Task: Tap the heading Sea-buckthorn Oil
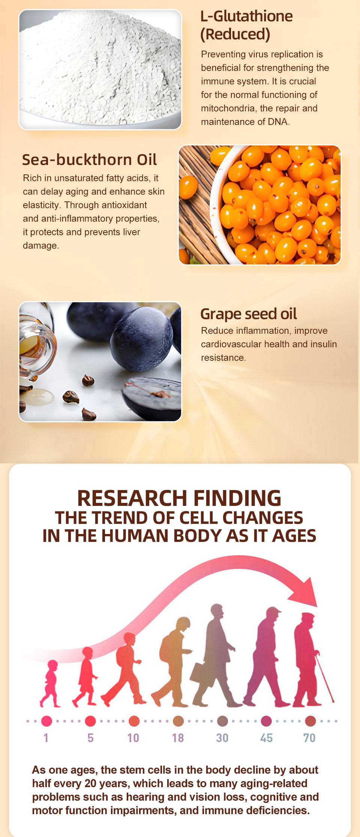tap(89, 160)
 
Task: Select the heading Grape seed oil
tap(249, 314)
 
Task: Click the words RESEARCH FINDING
tap(179, 498)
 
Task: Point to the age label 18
tap(178, 738)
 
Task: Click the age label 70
tap(309, 738)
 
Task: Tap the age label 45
tap(266, 738)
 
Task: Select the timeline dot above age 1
tap(46, 721)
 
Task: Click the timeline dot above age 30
tap(222, 721)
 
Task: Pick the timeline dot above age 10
tap(134, 721)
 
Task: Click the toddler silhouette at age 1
tap(50, 684)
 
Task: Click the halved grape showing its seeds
tap(152, 398)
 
